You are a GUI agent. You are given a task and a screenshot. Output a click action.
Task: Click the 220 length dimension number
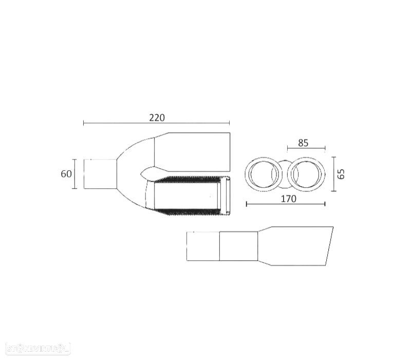coord(157,117)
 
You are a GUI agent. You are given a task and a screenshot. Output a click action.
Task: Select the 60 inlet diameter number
coord(66,174)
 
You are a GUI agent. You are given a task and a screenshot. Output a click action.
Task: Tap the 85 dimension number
coord(303,143)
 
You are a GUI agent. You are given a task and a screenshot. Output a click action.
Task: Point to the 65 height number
coord(341,174)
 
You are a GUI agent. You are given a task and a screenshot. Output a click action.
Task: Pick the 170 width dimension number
coord(289,199)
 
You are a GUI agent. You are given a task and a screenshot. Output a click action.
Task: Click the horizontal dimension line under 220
coord(157,123)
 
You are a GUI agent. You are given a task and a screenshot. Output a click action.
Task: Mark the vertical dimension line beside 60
coord(75,174)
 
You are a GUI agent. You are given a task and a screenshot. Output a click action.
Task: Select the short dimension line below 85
coord(306,149)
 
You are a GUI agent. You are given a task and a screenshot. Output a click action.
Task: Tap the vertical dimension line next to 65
coord(334,174)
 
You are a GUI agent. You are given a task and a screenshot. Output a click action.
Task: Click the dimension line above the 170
coord(286,204)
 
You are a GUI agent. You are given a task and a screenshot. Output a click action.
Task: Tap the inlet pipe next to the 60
coord(100,174)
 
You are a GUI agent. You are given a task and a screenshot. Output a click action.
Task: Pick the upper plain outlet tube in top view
coord(192,152)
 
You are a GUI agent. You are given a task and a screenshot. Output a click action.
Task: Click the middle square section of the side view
coord(238,246)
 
